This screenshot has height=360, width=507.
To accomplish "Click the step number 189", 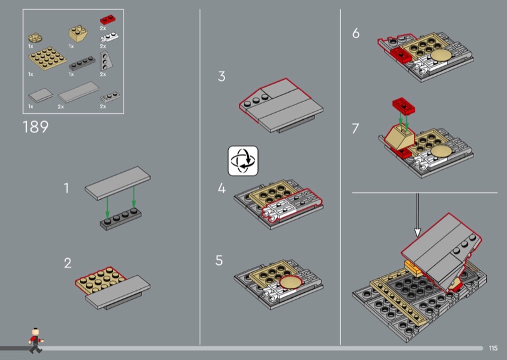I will (35, 127).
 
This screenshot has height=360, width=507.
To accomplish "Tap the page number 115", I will (493, 347).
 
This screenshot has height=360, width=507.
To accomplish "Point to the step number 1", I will (67, 188).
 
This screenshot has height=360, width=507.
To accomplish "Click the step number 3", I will (221, 77).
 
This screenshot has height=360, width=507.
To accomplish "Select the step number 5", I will (219, 260).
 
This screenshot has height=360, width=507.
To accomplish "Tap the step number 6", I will (356, 34).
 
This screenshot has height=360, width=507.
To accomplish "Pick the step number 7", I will (356, 129).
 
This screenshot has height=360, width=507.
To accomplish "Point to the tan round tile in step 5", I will (291, 281).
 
